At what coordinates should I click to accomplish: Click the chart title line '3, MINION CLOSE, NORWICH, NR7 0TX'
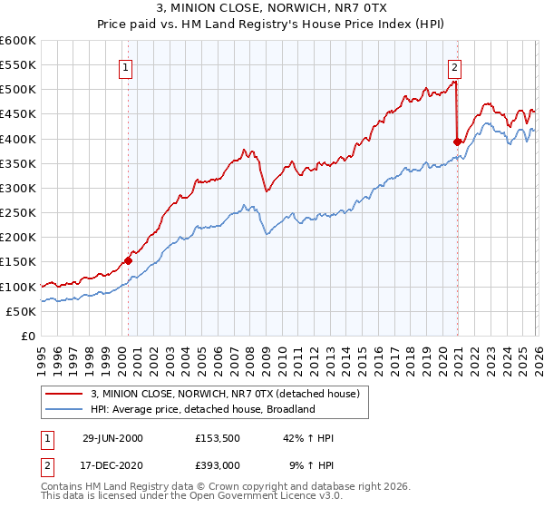pyautogui.click(x=271, y=8)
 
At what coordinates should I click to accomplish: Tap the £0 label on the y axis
pyautogui.click(x=27, y=336)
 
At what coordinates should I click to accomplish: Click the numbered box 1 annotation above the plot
pyautogui.click(x=125, y=66)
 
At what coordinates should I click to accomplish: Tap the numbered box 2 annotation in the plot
pyautogui.click(x=454, y=66)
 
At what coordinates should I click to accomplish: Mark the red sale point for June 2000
pyautogui.click(x=128, y=260)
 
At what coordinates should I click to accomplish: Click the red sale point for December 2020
pyautogui.click(x=456, y=142)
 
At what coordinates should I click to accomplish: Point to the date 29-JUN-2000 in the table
pyautogui.click(x=112, y=438)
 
